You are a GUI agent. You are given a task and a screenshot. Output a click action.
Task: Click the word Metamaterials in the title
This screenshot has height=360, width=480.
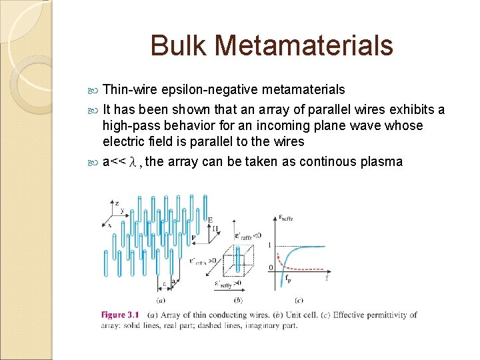305,46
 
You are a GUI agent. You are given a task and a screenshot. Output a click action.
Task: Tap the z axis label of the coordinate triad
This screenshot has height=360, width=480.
117,203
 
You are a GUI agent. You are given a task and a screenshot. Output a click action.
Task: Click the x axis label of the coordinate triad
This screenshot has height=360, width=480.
109,225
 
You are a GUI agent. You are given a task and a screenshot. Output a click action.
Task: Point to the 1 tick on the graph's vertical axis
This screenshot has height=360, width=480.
269,245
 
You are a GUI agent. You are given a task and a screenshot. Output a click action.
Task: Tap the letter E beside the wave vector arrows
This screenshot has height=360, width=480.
210,219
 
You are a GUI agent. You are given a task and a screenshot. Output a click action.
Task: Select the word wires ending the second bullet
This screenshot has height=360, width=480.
289,141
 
